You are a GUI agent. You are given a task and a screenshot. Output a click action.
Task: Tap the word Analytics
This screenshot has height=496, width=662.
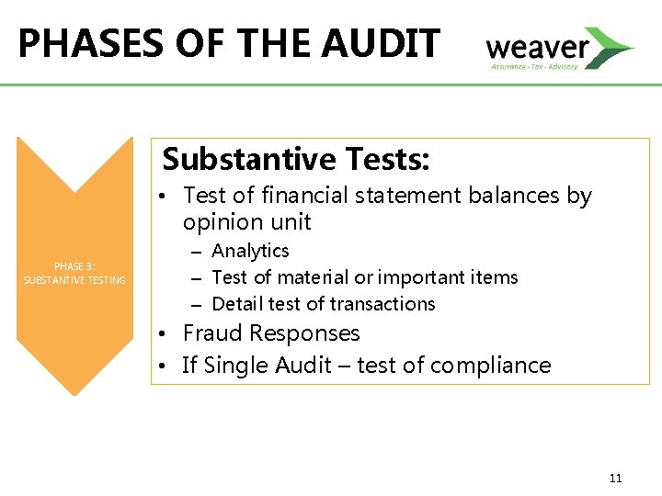click(250, 251)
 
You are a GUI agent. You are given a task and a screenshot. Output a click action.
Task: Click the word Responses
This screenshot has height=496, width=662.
click(304, 333)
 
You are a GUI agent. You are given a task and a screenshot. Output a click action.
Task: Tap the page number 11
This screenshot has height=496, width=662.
click(615, 478)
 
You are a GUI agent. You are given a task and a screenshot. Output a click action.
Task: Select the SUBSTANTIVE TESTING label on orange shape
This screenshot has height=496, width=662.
click(74, 280)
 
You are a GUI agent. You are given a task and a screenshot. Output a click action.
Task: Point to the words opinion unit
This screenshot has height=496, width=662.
click(247, 222)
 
